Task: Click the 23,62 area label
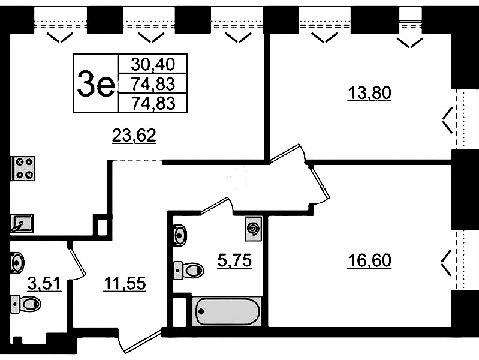(x=134, y=136)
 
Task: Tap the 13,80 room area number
(x=369, y=93)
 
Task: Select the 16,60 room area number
(x=369, y=261)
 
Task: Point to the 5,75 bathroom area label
(x=234, y=261)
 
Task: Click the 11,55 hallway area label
(x=125, y=283)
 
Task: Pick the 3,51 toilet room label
(x=44, y=283)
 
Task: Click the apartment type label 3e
(x=95, y=84)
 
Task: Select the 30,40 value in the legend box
(x=153, y=64)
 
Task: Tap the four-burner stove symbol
(x=23, y=169)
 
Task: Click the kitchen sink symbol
(x=22, y=223)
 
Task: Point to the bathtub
(x=227, y=311)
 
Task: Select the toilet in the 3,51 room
(x=26, y=304)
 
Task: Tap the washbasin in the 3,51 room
(x=17, y=263)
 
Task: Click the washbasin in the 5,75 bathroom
(x=180, y=235)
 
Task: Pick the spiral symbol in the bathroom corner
(x=253, y=229)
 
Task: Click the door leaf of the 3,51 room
(x=77, y=260)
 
